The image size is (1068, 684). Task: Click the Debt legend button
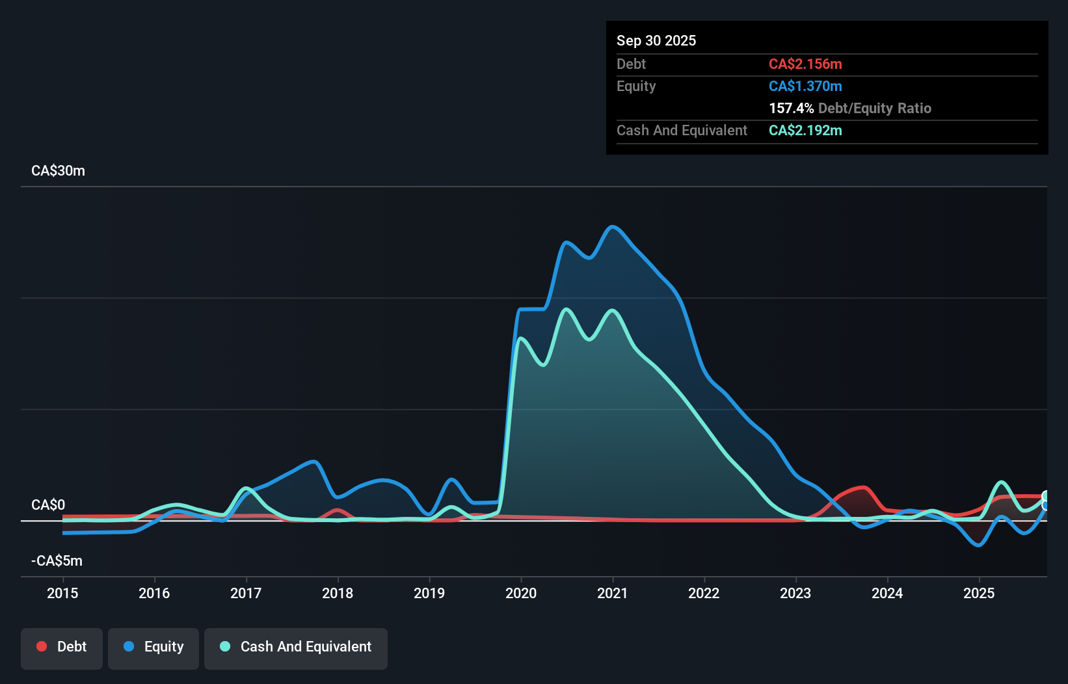[x=62, y=647]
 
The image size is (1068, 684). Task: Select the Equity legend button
[x=154, y=647]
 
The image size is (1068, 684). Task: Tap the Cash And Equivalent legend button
[x=296, y=647]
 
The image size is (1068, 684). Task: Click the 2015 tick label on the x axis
[x=62, y=593]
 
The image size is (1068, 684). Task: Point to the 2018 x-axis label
[x=338, y=593]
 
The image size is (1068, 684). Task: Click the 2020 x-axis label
[x=521, y=593]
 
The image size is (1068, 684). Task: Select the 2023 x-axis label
[x=795, y=593]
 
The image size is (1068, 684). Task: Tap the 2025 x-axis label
[x=979, y=593]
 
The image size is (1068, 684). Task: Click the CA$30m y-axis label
[x=58, y=171]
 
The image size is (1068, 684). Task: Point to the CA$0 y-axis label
[x=48, y=505]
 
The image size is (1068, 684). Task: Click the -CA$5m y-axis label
[x=57, y=561]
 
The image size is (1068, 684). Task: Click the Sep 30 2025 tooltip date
[x=656, y=41]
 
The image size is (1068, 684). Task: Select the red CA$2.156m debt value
[x=805, y=64]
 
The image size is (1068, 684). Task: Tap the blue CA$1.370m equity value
[x=805, y=86]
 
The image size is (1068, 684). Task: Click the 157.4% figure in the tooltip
[x=791, y=109]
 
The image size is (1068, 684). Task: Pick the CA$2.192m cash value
[x=805, y=131]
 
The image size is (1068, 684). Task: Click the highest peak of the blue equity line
[x=612, y=227]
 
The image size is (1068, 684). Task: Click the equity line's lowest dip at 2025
[x=978, y=545]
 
